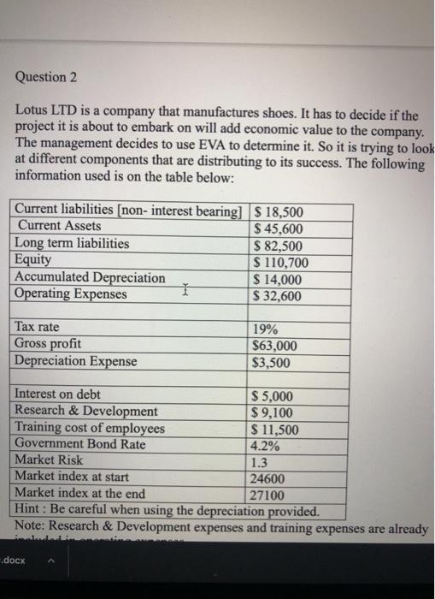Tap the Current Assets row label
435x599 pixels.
click(58, 227)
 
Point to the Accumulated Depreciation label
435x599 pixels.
click(91, 278)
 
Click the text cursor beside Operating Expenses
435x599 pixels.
click(185, 294)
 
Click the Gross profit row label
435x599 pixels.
click(49, 344)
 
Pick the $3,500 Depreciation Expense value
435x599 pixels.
click(271, 362)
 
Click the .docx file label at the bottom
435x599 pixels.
click(15, 560)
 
